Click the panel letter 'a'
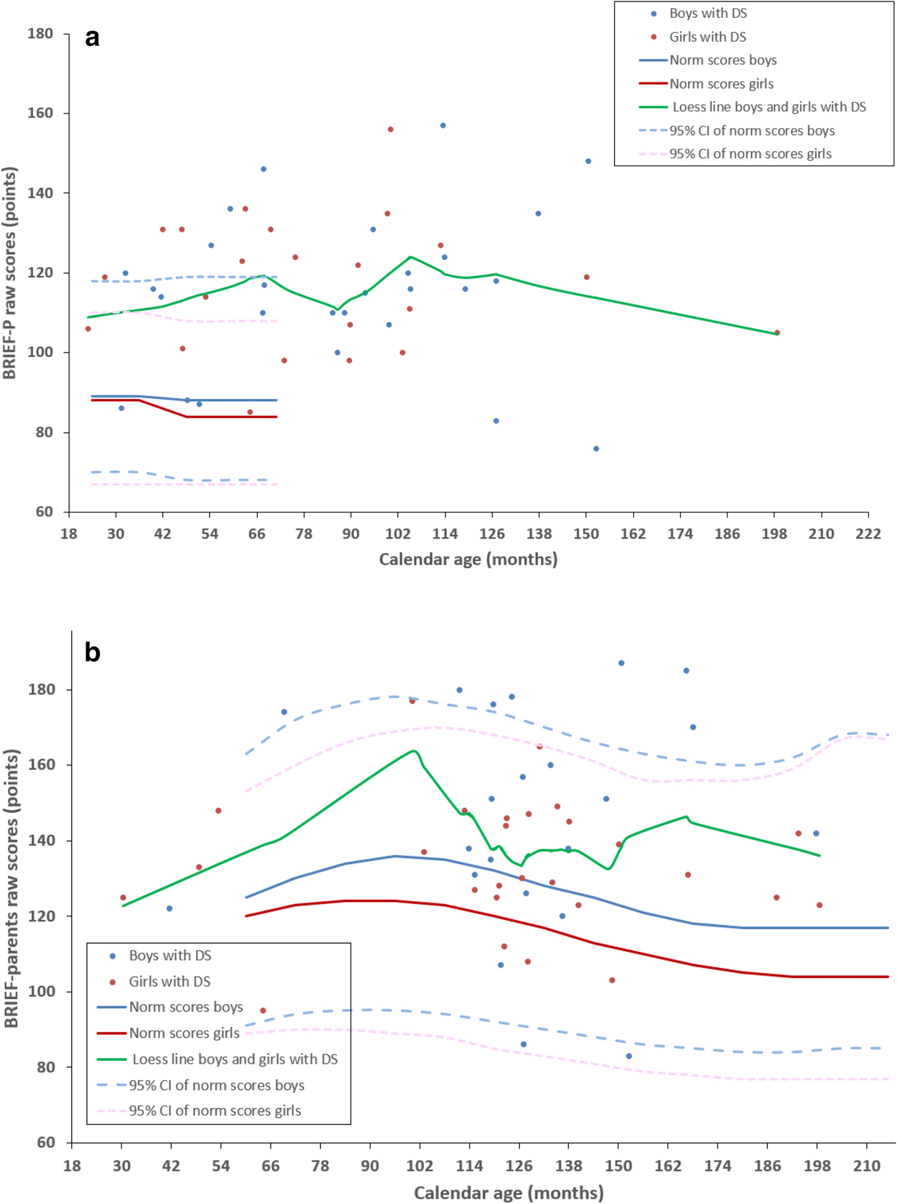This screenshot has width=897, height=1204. [92, 38]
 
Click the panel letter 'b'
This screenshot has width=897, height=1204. [92, 652]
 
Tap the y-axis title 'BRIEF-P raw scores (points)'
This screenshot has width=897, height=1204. [10, 273]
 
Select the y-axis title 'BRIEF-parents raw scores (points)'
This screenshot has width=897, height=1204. [11, 888]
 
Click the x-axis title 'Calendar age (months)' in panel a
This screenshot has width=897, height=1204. [468, 560]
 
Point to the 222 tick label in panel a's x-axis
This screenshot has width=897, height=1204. [868, 534]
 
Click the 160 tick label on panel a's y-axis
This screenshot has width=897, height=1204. [40, 113]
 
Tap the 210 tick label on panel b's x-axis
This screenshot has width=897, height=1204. [866, 1166]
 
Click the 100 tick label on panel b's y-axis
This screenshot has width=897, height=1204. [42, 992]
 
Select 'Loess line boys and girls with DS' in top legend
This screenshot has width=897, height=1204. [769, 107]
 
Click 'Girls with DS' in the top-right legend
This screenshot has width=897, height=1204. [707, 37]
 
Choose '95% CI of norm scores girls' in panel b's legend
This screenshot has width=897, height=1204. [215, 1111]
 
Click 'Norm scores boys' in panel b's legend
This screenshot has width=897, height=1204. [186, 1007]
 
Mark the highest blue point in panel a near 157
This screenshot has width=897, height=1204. [443, 126]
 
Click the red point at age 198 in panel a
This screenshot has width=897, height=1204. [777, 333]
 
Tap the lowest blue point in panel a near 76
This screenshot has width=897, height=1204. [596, 449]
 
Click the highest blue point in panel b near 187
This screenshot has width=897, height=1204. [621, 663]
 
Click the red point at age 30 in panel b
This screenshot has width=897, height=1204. [123, 898]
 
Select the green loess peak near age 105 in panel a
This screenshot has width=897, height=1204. [411, 257]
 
